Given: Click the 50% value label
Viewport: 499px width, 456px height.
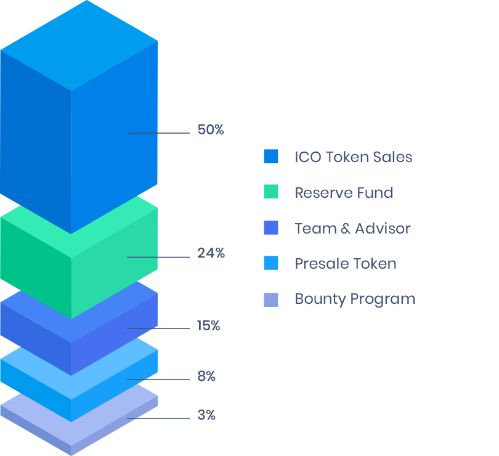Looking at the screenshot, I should pos(211,130).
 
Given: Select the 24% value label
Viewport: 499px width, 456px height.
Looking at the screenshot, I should pos(211,253).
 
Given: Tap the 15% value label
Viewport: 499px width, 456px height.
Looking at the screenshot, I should pos(208,326).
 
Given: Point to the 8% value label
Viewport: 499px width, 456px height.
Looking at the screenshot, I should pos(206,377).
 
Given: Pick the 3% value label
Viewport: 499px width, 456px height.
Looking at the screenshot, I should pos(206,415).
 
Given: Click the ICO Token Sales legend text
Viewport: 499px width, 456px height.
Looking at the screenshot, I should pos(353,157).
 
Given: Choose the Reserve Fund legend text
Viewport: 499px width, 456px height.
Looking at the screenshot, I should pos(343,193).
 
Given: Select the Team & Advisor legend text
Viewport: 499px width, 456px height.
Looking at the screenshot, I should pos(352,229).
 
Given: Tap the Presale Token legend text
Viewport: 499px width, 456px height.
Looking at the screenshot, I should pos(345,264).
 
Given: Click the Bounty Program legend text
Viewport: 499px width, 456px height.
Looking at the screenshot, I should pos(355,299).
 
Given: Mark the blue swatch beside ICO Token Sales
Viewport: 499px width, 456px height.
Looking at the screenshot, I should pos(270,157).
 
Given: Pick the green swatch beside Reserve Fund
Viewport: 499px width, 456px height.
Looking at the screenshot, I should pos(270,192).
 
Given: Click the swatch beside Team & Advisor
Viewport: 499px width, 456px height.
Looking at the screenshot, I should pos(270,228).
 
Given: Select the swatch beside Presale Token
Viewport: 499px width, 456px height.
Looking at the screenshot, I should pos(270,264).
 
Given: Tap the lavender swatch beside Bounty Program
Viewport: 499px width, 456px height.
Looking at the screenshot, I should pos(270,299).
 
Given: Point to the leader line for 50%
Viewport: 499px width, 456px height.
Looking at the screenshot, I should pos(158,133).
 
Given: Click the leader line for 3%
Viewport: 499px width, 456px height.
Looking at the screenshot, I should pos(158,418).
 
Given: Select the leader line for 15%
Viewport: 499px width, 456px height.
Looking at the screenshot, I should pos(158,328).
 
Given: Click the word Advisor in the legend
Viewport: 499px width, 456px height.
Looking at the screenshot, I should pos(383,229).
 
